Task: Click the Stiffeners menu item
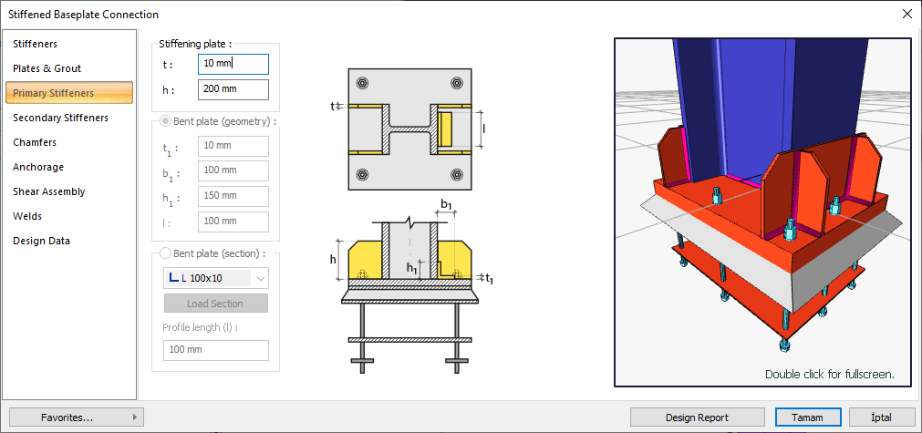(36, 44)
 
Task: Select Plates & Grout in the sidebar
(47, 68)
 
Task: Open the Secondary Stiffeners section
(60, 119)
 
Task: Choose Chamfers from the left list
(35, 143)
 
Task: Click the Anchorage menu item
(38, 168)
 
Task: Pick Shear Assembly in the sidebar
(49, 192)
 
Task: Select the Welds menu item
(27, 217)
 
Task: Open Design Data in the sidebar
(41, 242)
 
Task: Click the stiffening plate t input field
(233, 64)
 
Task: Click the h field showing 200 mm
(233, 89)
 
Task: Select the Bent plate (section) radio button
(166, 253)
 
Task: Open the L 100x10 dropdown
(216, 278)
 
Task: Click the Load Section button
(215, 304)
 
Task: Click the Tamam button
(807, 418)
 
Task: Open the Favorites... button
(77, 418)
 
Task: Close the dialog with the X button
(906, 14)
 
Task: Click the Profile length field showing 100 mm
(216, 350)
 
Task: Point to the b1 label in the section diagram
(447, 204)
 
